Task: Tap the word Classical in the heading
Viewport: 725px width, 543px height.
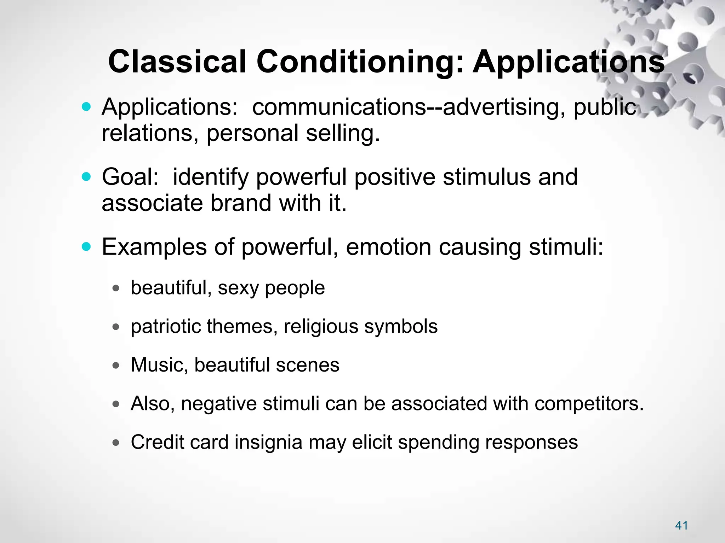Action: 177,62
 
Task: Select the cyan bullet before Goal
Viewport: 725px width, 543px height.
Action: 86,176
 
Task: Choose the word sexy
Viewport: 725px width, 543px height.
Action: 238,288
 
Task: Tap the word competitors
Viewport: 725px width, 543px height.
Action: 589,403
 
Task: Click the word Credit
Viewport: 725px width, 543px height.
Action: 157,442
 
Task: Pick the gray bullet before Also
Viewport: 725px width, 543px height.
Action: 116,404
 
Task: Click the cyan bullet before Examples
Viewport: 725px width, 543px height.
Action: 86,246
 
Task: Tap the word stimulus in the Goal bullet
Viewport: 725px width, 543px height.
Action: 486,177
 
